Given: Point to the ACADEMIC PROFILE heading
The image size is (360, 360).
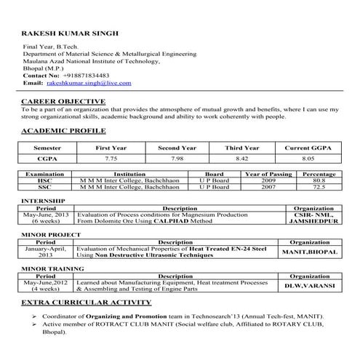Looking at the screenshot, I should point(64,130).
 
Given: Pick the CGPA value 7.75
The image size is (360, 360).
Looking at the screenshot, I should point(111,157).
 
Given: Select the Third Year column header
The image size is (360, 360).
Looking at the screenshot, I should point(242,148).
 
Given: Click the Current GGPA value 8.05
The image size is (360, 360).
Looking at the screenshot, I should point(308,157).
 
